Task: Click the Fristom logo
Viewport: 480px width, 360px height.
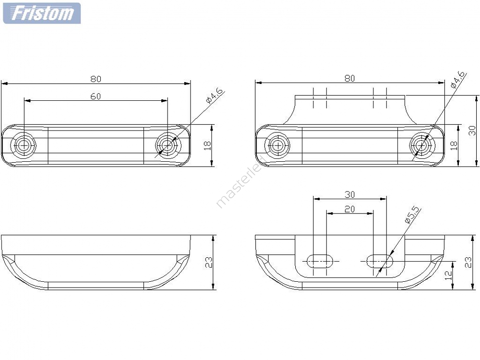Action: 42,13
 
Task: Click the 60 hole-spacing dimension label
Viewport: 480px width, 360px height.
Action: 96,96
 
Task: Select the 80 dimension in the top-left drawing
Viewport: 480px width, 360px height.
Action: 96,79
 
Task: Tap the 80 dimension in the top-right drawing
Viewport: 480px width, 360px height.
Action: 349,78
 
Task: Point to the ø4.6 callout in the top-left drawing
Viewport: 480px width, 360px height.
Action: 215,96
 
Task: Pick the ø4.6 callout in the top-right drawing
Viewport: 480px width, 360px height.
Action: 458,79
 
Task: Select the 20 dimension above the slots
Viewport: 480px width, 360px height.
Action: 349,209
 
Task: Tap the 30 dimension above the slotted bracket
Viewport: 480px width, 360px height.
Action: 349,194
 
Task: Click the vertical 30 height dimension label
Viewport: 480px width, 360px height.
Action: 472,131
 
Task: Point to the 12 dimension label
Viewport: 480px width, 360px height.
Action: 448,275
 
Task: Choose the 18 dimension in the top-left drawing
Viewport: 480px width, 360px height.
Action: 207,146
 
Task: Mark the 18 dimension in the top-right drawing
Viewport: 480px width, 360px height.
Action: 454,145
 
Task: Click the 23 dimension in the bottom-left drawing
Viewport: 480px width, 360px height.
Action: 209,263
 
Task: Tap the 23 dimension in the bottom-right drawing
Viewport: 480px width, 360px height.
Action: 468,263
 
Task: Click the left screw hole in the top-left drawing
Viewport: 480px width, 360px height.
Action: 24,145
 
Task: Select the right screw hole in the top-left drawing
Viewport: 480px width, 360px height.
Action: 168,145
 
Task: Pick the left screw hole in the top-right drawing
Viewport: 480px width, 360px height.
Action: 277,145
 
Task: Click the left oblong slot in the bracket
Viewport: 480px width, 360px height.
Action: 320,261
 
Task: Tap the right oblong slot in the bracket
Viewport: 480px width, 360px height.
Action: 380,261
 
